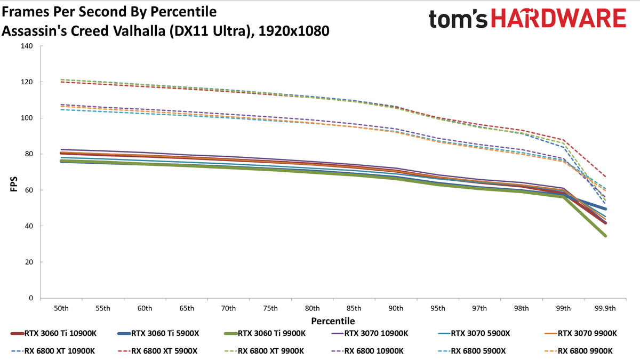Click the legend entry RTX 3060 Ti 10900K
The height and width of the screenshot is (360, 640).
(53, 333)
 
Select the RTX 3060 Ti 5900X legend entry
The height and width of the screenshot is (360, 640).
(158, 333)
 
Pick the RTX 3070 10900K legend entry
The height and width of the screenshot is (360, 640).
(370, 333)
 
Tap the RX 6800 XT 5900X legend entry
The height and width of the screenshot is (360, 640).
(157, 351)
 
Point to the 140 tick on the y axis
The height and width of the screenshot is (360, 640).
(27, 46)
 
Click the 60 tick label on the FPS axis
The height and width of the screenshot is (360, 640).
(29, 190)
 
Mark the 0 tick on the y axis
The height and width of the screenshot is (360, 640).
(31, 298)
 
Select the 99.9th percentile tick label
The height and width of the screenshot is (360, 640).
(605, 309)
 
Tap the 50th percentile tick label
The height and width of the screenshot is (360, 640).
(61, 309)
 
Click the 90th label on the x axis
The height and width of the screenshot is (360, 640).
(396, 309)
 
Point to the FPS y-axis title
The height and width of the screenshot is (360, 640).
(14, 184)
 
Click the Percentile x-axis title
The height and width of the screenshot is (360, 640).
(333, 321)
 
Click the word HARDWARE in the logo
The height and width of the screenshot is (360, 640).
(558, 18)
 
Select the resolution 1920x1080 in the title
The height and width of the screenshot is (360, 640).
(294, 31)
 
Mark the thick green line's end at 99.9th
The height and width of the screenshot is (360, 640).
(605, 236)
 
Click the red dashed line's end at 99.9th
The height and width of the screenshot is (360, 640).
(605, 177)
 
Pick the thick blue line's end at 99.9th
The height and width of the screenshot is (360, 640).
(605, 209)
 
